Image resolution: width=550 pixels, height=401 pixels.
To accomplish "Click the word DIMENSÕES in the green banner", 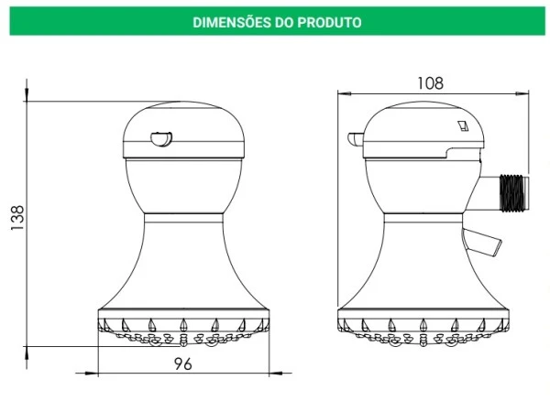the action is click(232, 22).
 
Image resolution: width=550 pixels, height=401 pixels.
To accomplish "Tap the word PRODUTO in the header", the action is click(329, 22).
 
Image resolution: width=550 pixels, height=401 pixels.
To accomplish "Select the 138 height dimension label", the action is click(17, 218).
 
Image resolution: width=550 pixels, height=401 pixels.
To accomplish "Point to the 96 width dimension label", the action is click(183, 364).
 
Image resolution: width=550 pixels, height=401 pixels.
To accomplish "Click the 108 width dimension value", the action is click(431, 83).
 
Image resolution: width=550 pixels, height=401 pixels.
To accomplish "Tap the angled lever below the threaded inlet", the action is click(482, 242).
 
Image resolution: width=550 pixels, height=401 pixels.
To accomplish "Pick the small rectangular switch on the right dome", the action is click(463, 125).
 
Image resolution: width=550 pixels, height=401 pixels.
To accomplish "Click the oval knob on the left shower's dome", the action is click(161, 138).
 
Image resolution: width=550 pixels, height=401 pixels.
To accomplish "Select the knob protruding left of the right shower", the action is click(356, 139).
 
